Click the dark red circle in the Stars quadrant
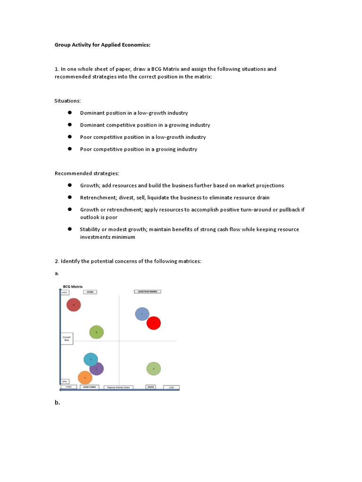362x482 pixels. point(74,305)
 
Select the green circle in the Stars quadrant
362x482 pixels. point(96,332)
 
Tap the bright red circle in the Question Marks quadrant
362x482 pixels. point(154,323)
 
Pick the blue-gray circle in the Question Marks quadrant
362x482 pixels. point(142,314)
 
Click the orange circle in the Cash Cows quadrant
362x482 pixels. point(85,378)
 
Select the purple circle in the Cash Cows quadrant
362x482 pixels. point(97,369)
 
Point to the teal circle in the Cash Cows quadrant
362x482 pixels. point(90,360)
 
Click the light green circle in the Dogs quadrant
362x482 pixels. point(153,369)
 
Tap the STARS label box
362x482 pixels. point(90,292)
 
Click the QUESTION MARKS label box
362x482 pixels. point(148,291)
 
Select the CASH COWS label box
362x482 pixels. point(89,387)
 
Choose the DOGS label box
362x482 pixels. point(150,387)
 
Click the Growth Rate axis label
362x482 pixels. point(66,338)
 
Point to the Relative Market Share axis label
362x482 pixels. point(118,387)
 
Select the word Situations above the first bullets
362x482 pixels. point(67,101)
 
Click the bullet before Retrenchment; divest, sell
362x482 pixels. point(69,197)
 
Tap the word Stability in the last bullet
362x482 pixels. point(90,229)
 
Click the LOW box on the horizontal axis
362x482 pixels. point(172,387)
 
